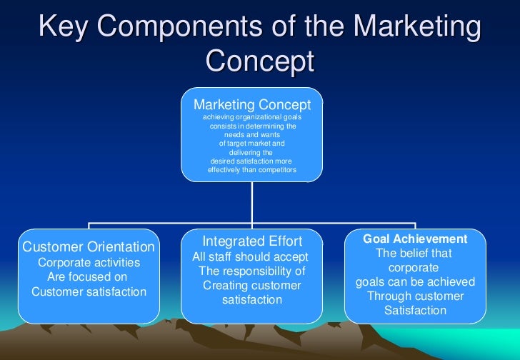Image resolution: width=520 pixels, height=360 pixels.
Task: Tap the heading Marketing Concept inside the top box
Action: [x=252, y=105]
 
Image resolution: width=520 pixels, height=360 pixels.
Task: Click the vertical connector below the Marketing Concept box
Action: [x=251, y=204]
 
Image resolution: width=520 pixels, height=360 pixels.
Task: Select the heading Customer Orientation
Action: [x=89, y=247]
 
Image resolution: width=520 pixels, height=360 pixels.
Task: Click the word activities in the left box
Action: [x=114, y=262]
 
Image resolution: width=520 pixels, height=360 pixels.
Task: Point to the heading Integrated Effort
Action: [x=252, y=241]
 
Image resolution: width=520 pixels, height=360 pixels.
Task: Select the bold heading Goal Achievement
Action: [x=415, y=239]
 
